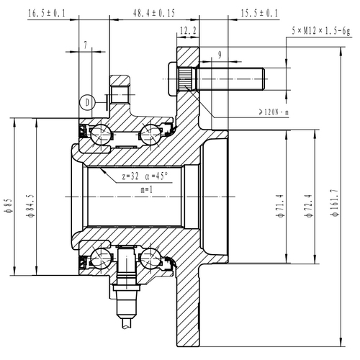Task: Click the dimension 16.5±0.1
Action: click(46, 12)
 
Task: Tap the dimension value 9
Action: click(219, 53)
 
